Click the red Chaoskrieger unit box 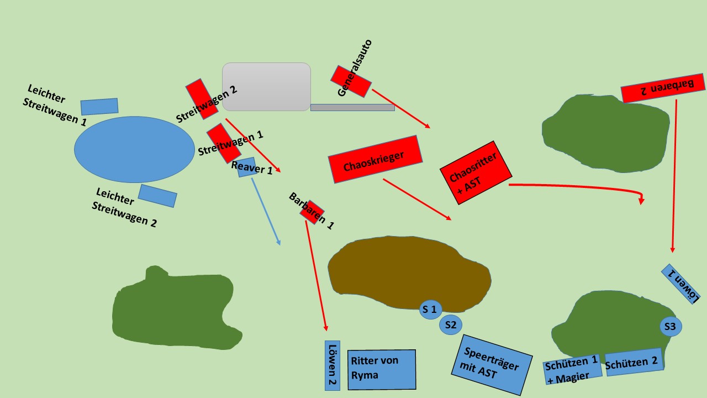click(x=375, y=159)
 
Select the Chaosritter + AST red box click(x=476, y=173)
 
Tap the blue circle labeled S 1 click(x=430, y=310)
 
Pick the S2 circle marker click(x=451, y=324)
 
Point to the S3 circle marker click(x=671, y=326)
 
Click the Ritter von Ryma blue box click(x=382, y=370)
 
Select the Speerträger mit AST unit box click(x=492, y=365)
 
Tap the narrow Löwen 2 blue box click(x=333, y=365)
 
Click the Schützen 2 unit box click(x=635, y=362)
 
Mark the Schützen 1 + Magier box click(x=573, y=369)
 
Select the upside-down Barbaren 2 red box click(x=663, y=88)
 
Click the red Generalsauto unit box click(x=351, y=81)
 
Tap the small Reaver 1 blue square click(x=247, y=167)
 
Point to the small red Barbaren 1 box click(x=312, y=212)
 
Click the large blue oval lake click(x=134, y=149)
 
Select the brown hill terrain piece click(x=409, y=273)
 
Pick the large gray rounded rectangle click(x=266, y=87)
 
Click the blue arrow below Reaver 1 click(x=266, y=212)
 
